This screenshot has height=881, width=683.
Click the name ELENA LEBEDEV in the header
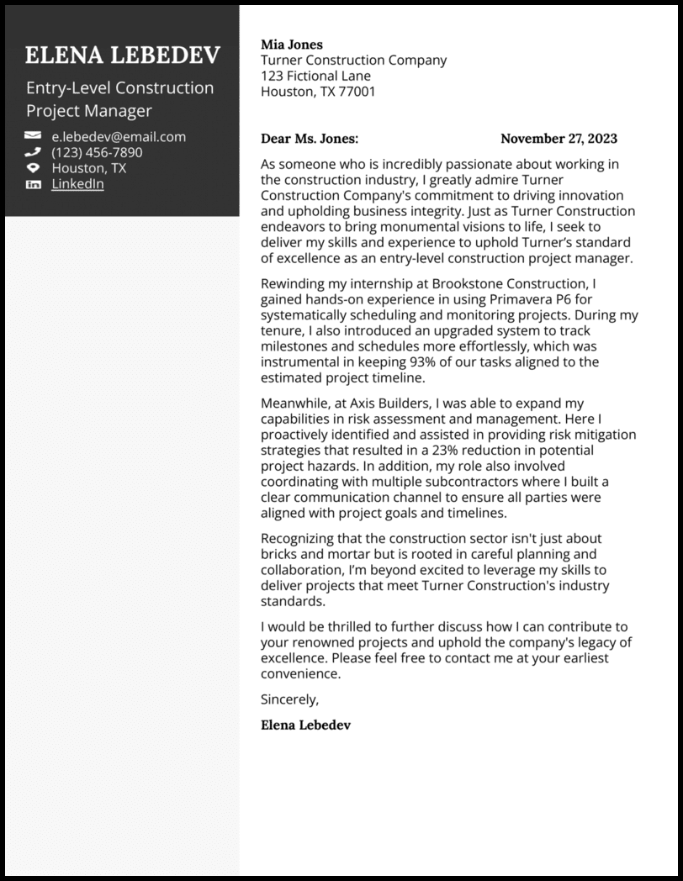point(122,55)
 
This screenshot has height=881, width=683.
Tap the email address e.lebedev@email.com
point(119,136)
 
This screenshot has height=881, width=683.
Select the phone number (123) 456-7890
point(97,152)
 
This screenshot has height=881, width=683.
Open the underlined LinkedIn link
point(77,183)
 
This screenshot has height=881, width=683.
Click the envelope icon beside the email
point(33,136)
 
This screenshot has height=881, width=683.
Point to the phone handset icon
point(33,152)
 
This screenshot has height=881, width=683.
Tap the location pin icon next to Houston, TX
point(33,168)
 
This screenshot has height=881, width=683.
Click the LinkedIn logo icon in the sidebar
point(33,184)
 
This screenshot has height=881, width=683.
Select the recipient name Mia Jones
point(291,45)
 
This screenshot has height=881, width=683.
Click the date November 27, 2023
point(559,139)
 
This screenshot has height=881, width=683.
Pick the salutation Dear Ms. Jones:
point(310,139)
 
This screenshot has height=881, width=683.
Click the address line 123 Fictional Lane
point(315,76)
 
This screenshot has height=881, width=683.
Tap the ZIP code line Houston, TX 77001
point(318,92)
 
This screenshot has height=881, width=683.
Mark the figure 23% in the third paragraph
point(453,451)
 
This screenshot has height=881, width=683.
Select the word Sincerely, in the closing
point(290,699)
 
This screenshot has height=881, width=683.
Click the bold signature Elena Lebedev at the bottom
point(305,725)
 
